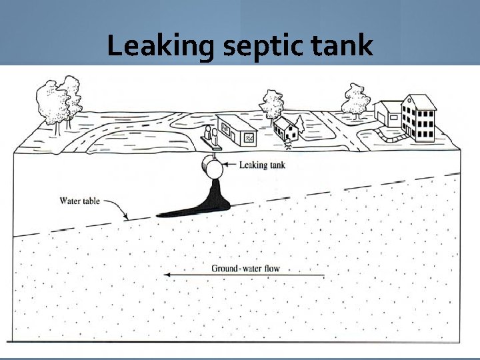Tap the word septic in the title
coord(259,47)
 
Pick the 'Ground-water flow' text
coord(245,269)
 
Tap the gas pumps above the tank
coord(210,137)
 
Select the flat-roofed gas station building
coord(239,130)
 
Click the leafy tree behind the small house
coord(271,104)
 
